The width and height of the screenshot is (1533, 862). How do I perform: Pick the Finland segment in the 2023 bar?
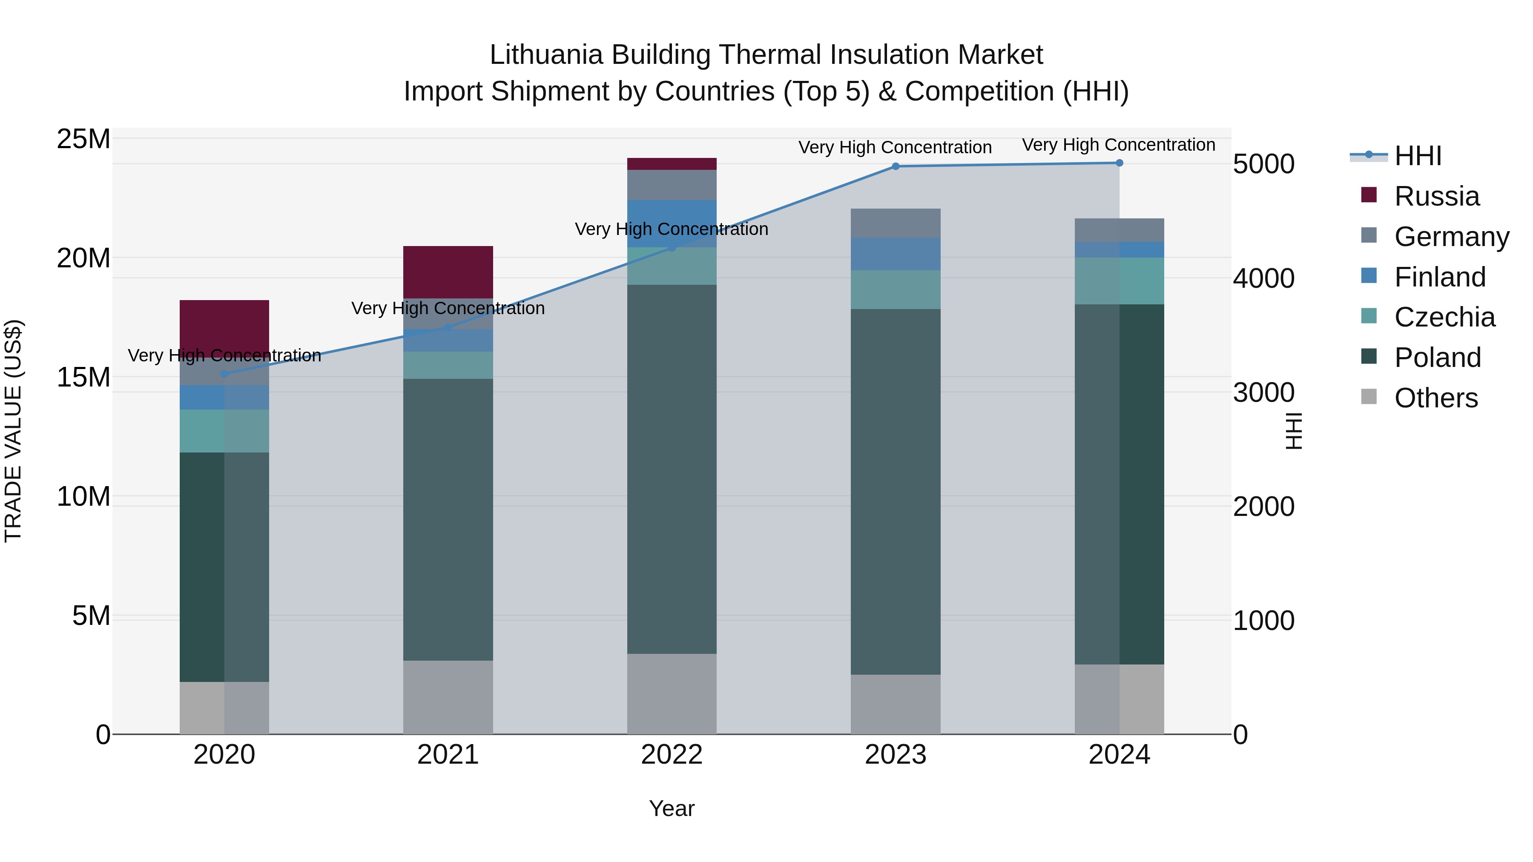pyautogui.click(x=895, y=254)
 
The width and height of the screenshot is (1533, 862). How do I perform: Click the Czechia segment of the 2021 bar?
pyautogui.click(x=448, y=365)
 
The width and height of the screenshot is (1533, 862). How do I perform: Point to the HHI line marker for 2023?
pyautogui.click(x=895, y=166)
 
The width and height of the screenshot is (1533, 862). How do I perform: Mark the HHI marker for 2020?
pyautogui.click(x=224, y=374)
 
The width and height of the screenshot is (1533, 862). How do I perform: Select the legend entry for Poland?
pyautogui.click(x=1437, y=358)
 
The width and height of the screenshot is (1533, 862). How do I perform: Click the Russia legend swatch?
pyautogui.click(x=1369, y=195)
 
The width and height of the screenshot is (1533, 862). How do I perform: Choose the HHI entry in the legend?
pyautogui.click(x=1418, y=156)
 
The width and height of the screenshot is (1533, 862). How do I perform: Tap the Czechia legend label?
pyautogui.click(x=1444, y=317)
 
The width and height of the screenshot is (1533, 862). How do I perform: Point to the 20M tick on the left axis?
pyautogui.click(x=83, y=258)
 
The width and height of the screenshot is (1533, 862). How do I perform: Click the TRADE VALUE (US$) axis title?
pyautogui.click(x=13, y=431)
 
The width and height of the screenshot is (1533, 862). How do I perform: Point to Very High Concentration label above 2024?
pyautogui.click(x=1118, y=145)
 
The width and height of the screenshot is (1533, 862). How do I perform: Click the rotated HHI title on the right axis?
pyautogui.click(x=1294, y=431)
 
